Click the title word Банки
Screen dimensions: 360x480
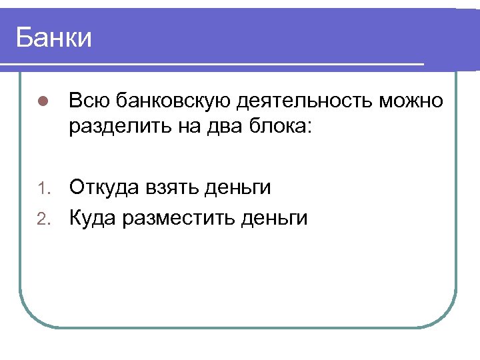coord(53,37)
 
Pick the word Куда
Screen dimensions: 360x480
coord(92,217)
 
